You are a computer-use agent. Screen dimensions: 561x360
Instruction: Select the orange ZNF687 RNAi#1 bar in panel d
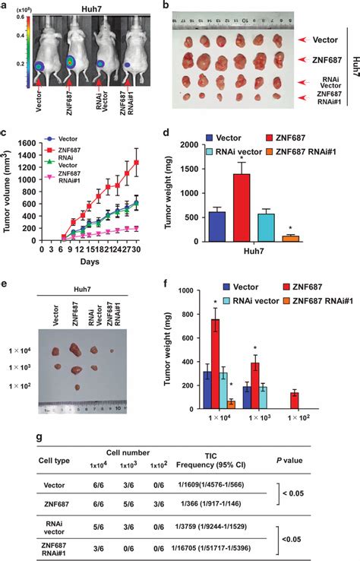point(291,238)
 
